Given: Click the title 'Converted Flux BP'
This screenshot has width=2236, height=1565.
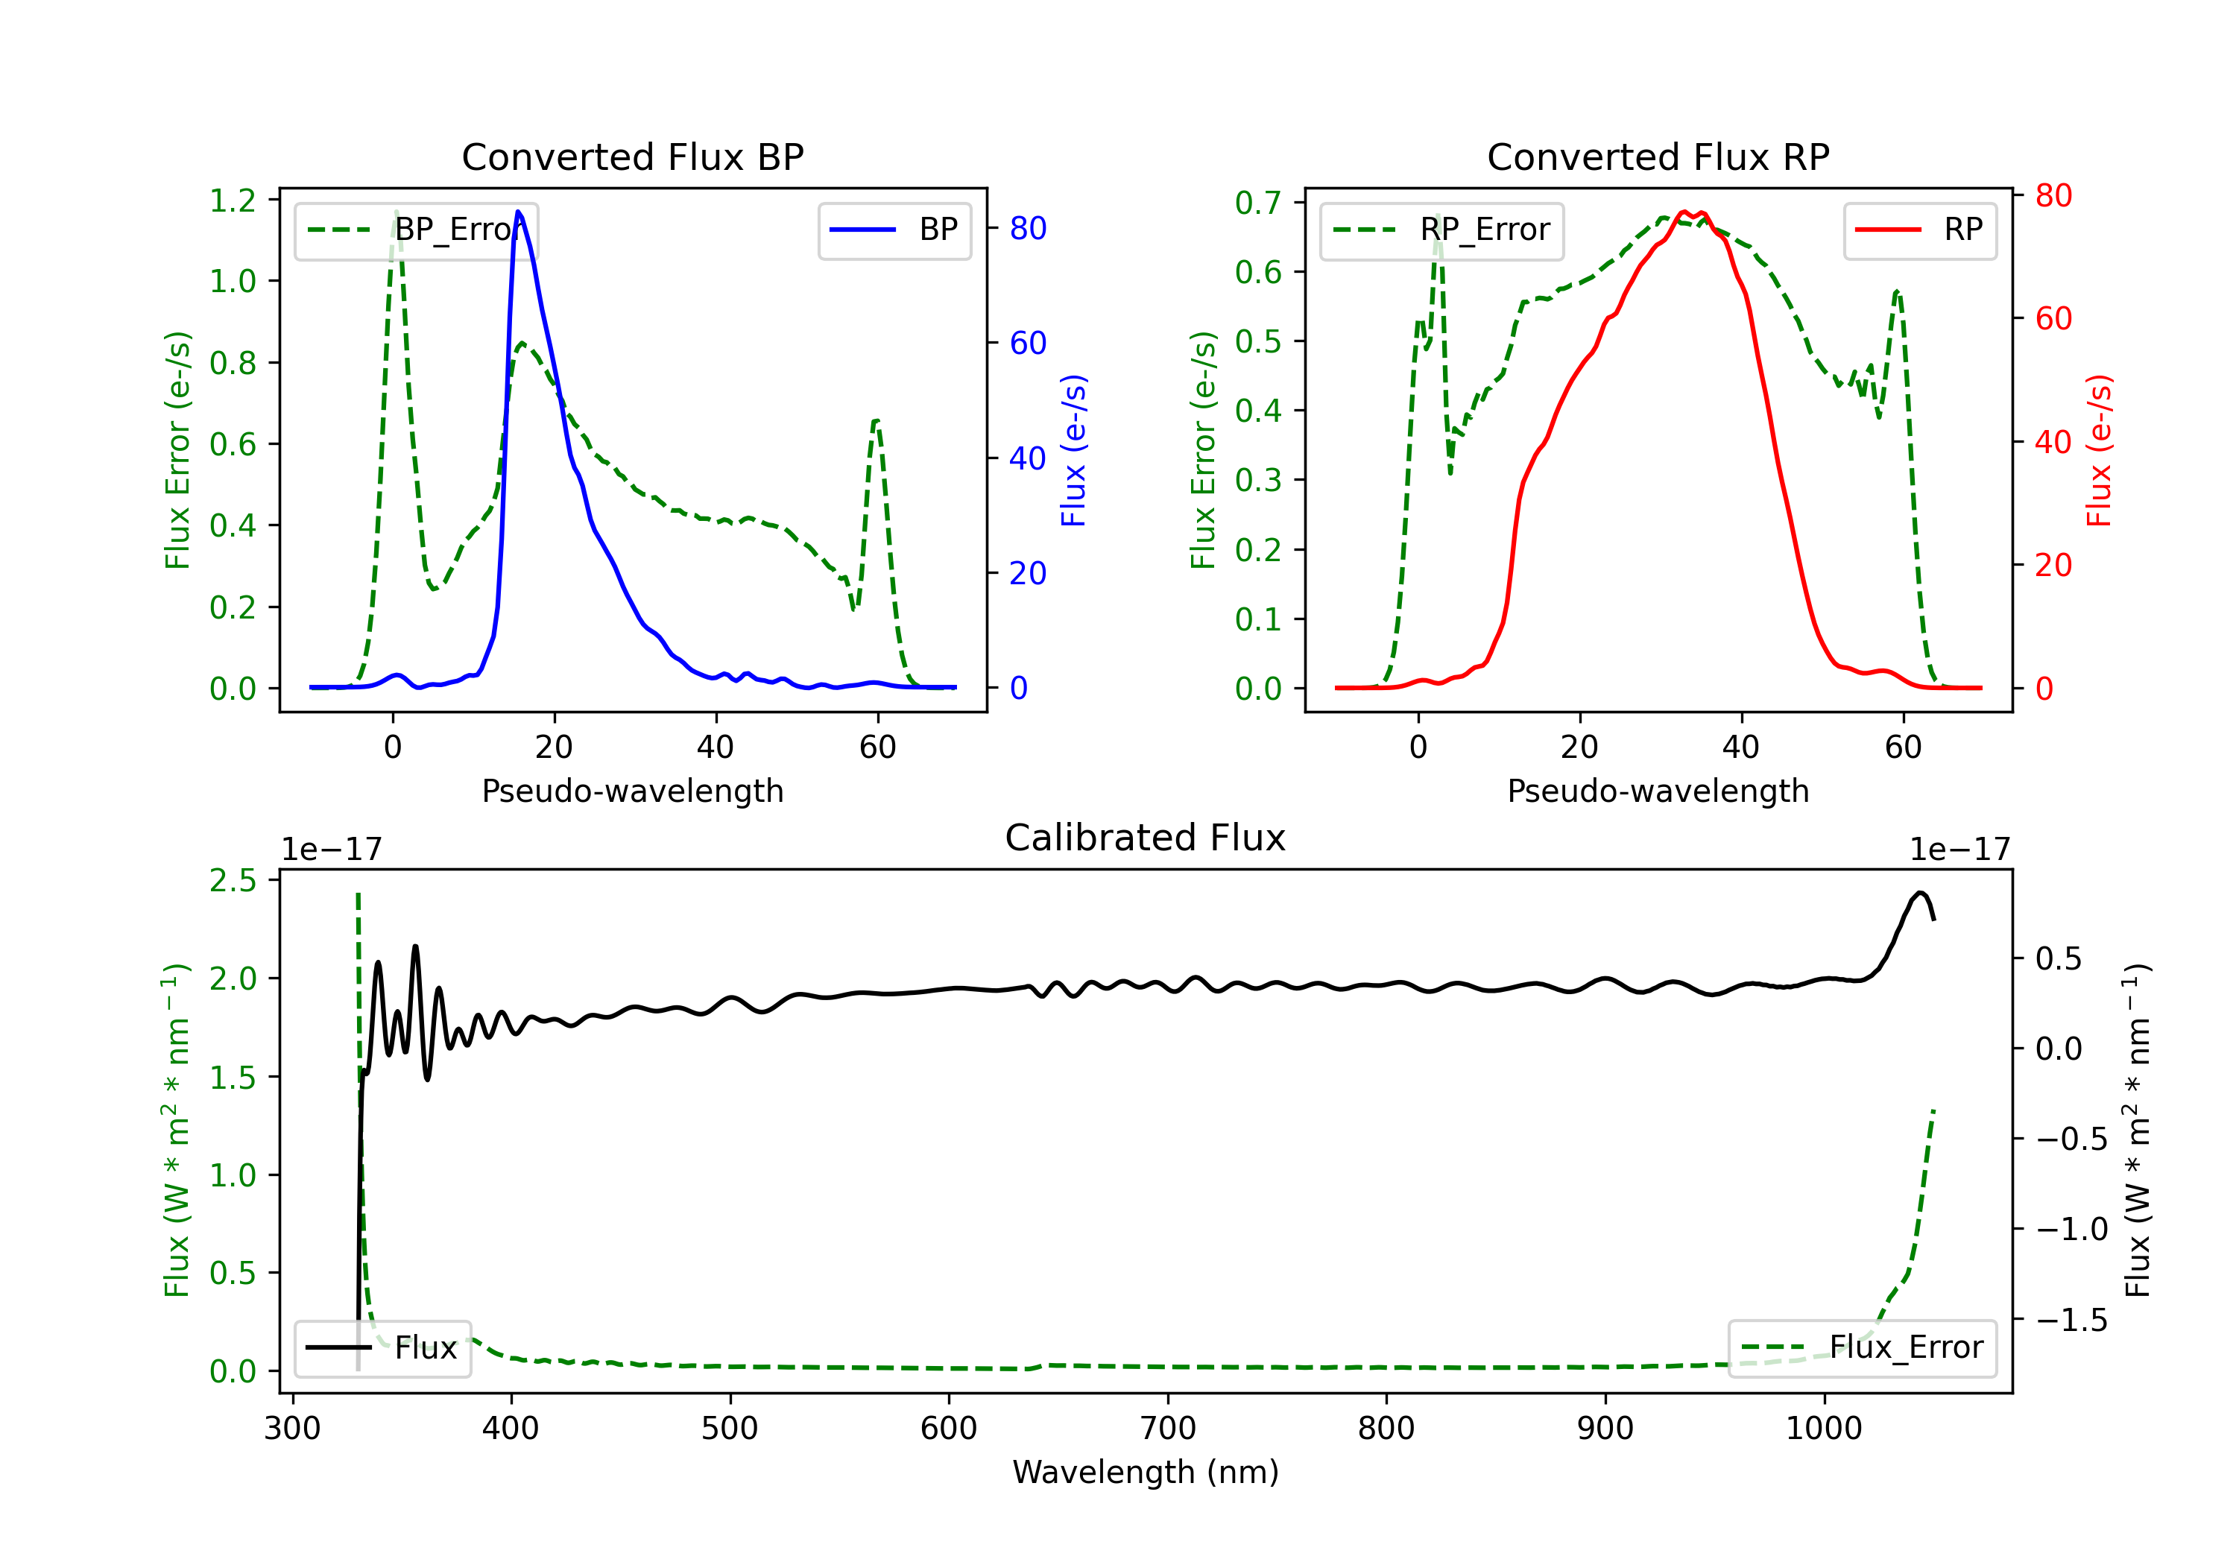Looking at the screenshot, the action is point(633,156).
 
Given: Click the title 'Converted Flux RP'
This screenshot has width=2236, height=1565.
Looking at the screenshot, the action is point(1658,156).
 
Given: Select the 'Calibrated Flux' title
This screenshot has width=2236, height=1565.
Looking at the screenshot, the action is point(1146,838).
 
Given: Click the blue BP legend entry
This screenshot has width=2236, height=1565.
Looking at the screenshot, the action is point(894,230).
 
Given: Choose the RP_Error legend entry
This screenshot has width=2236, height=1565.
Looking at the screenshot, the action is point(1441,230).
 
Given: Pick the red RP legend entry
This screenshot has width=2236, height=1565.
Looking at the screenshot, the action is point(1919,230).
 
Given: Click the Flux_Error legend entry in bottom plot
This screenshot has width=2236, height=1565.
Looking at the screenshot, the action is point(1862,1348).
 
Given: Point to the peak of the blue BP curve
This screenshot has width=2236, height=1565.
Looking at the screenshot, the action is point(518,212).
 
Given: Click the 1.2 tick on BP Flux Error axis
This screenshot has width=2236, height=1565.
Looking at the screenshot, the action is point(233,200).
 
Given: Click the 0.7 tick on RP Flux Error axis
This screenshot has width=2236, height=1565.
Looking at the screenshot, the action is point(1258,203).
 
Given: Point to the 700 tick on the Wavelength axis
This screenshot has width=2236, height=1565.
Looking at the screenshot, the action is point(1168,1429).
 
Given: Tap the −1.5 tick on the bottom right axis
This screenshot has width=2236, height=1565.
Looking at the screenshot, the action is point(2071,1321).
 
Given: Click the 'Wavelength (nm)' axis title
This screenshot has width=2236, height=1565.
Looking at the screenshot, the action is point(1146,1472).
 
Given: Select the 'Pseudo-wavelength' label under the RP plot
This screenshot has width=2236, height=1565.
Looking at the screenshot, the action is point(1658,791).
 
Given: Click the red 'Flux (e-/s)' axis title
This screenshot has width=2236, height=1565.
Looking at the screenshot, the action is point(2099,450).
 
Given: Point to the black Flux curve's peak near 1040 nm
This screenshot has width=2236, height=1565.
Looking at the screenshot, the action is point(1919,892).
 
